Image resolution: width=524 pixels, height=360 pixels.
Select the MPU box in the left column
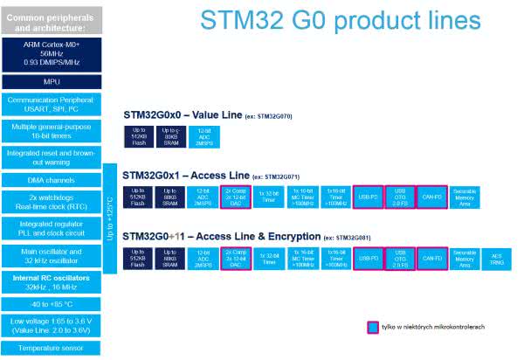[52, 81]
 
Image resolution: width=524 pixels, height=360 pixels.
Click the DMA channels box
[52, 180]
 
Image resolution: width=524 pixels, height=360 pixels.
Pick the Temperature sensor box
[52, 347]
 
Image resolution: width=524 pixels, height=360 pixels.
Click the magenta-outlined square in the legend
[372, 327]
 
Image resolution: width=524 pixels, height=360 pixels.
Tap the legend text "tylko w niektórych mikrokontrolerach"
[432, 327]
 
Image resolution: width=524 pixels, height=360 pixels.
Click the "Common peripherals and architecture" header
[52, 23]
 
